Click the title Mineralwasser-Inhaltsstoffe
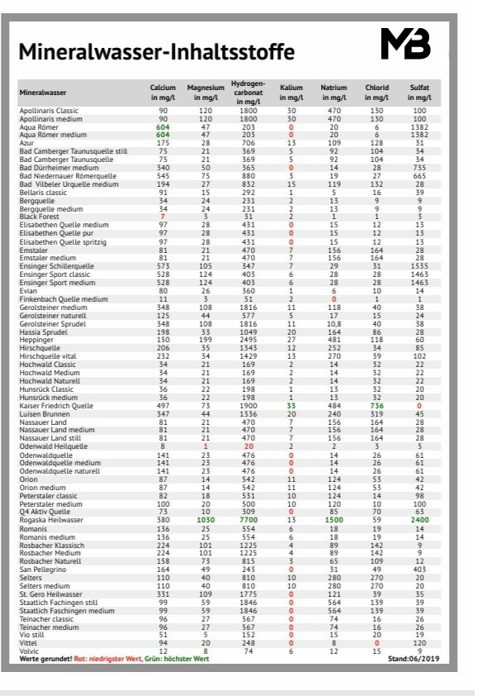pos(157,53)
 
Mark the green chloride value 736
pos(376,406)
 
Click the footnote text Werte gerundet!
pos(46,659)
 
